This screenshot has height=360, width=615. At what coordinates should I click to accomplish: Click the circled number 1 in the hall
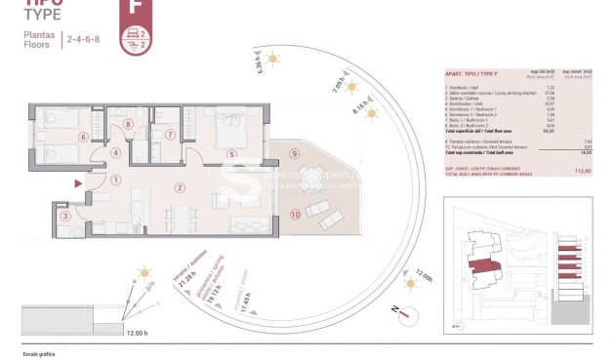click(115, 179)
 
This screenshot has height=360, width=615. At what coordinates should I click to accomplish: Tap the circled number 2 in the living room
click(180, 187)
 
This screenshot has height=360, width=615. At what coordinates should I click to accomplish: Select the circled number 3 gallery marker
click(65, 217)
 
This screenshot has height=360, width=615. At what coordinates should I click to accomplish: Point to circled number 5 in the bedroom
click(231, 153)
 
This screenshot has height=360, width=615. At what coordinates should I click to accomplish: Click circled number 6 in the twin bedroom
click(84, 138)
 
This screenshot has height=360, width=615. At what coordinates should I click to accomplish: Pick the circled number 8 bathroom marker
click(128, 124)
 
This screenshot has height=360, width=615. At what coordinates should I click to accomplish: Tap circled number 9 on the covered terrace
click(293, 153)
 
